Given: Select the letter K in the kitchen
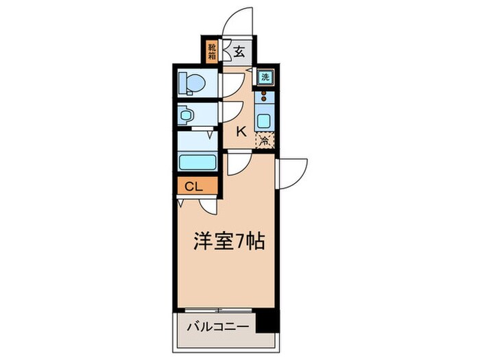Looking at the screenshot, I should click(241, 132).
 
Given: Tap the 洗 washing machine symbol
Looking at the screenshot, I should click(265, 77).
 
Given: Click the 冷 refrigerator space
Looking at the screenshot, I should click(264, 141).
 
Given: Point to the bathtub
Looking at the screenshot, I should click(198, 163).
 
